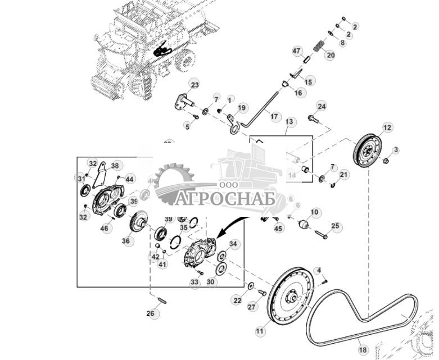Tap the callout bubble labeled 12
[387, 127]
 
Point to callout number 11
[260, 332]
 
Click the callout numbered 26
[150, 313]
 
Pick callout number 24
[322, 106]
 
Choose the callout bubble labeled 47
[297, 52]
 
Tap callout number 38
[115, 166]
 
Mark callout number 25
[336, 226]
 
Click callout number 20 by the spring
[331, 55]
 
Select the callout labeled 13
[289, 121]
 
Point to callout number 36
[126, 240]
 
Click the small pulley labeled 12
[368, 150]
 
